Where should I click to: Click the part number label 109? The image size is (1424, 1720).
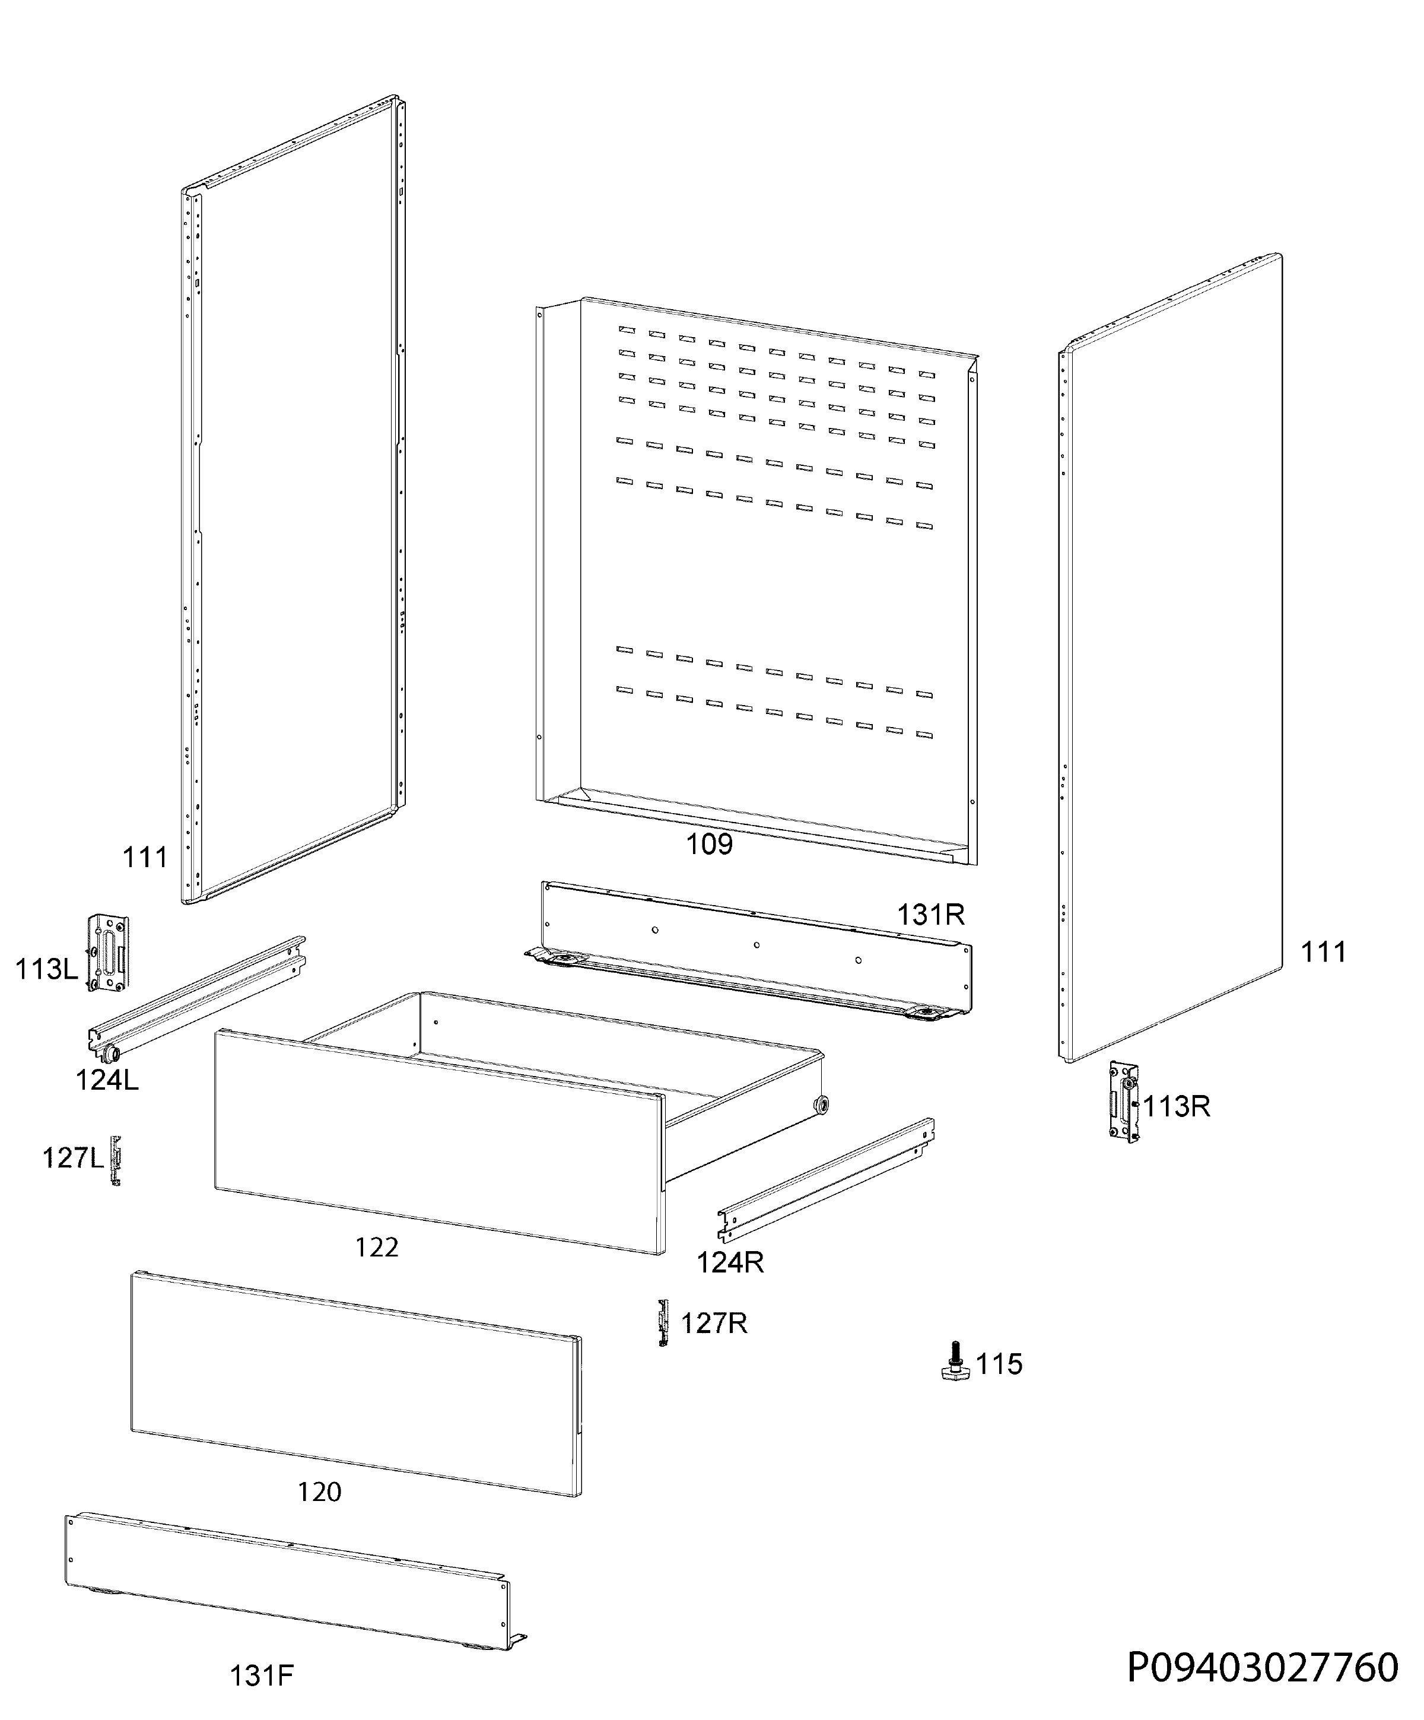pos(709,843)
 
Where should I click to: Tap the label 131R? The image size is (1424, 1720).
pos(930,914)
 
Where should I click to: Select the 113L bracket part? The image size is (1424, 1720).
pos(108,953)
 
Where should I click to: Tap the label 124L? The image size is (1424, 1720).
pos(107,1080)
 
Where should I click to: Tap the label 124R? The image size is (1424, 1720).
pos(730,1262)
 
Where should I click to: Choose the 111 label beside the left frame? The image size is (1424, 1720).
pos(145,858)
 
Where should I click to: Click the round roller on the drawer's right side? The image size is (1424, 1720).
pos(819,1104)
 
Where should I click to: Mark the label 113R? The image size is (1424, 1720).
pos(1177,1106)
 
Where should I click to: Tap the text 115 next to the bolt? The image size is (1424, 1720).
pos(1000,1364)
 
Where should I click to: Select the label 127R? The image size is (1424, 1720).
pos(714,1323)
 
